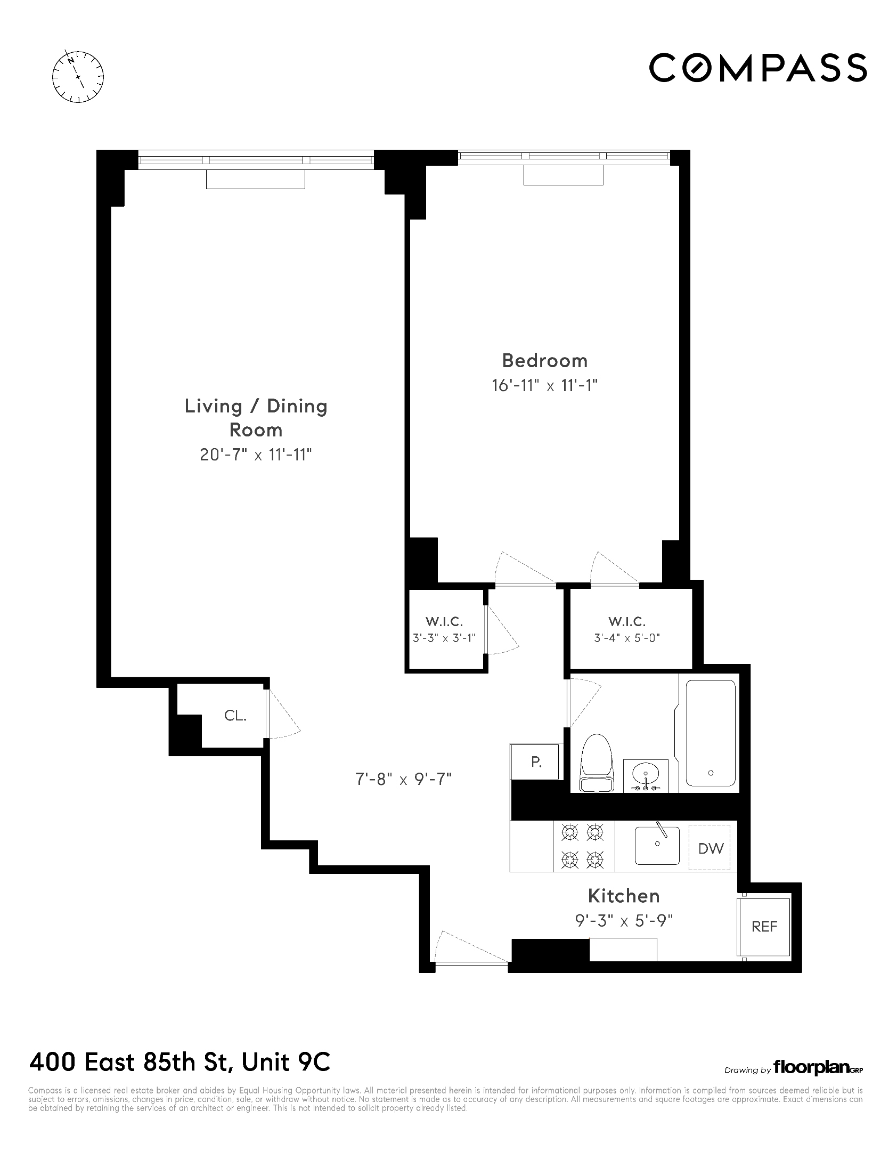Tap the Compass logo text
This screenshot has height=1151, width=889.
[757, 67]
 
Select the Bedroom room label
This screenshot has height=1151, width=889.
[544, 361]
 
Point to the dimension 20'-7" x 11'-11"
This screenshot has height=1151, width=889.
[256, 455]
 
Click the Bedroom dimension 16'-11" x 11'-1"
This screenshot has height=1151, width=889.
[544, 385]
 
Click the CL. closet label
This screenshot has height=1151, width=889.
[235, 716]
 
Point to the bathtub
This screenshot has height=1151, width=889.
[711, 733]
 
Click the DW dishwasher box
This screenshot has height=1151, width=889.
[711, 848]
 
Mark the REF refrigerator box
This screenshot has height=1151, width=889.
[764, 926]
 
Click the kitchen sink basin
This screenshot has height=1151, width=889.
[657, 846]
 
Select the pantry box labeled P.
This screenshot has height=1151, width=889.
[536, 762]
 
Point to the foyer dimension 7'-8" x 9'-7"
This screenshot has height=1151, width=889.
[403, 780]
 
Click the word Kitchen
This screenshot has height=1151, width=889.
[624, 896]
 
